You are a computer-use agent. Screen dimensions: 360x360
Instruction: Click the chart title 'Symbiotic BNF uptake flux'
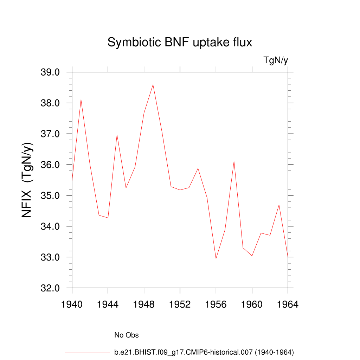tap(180, 43)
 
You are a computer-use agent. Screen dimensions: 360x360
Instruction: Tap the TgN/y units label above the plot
tap(276, 60)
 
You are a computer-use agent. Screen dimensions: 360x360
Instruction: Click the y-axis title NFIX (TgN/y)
tap(27, 180)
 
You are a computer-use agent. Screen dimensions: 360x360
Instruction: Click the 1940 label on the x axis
tap(72, 304)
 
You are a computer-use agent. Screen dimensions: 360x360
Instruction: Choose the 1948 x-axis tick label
tap(144, 304)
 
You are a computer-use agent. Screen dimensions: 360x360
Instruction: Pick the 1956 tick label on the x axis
tap(216, 304)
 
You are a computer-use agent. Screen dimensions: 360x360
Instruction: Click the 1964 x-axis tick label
tap(288, 304)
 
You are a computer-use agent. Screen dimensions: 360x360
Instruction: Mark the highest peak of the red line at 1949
tap(153, 85)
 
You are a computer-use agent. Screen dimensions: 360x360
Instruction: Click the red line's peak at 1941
tap(81, 99)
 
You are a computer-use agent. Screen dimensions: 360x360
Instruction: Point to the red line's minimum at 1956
tap(216, 258)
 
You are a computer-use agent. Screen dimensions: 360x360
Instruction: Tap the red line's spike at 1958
tap(234, 161)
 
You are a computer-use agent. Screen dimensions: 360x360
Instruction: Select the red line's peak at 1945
tap(117, 135)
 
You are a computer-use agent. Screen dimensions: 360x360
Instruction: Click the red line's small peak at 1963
tap(279, 205)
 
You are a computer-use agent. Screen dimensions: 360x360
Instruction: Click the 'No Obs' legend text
tap(127, 335)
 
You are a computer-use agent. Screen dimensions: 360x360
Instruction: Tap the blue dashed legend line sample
tap(87, 335)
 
